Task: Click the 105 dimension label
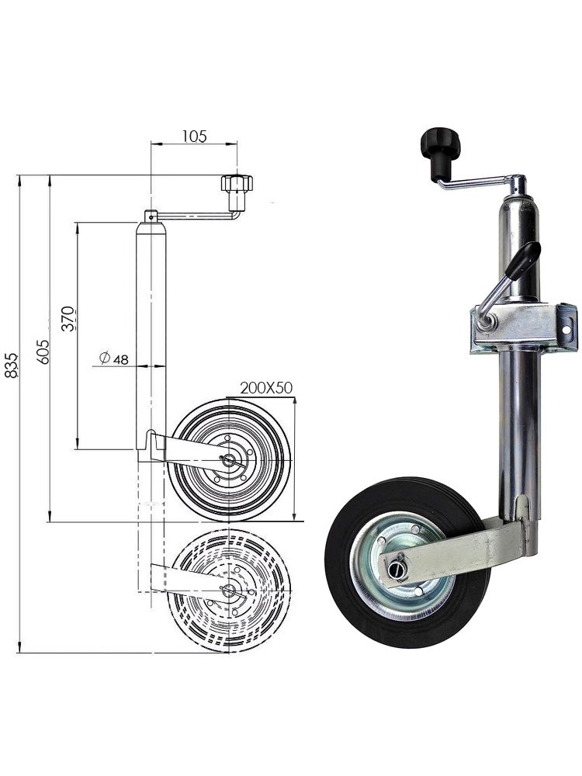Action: coord(195,136)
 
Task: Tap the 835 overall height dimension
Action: coord(11,365)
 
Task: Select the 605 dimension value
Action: coord(43,352)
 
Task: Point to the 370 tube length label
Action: coord(69,318)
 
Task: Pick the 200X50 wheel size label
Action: coord(266,387)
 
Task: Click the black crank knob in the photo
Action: coord(440,152)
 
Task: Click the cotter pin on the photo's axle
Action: coord(398,568)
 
